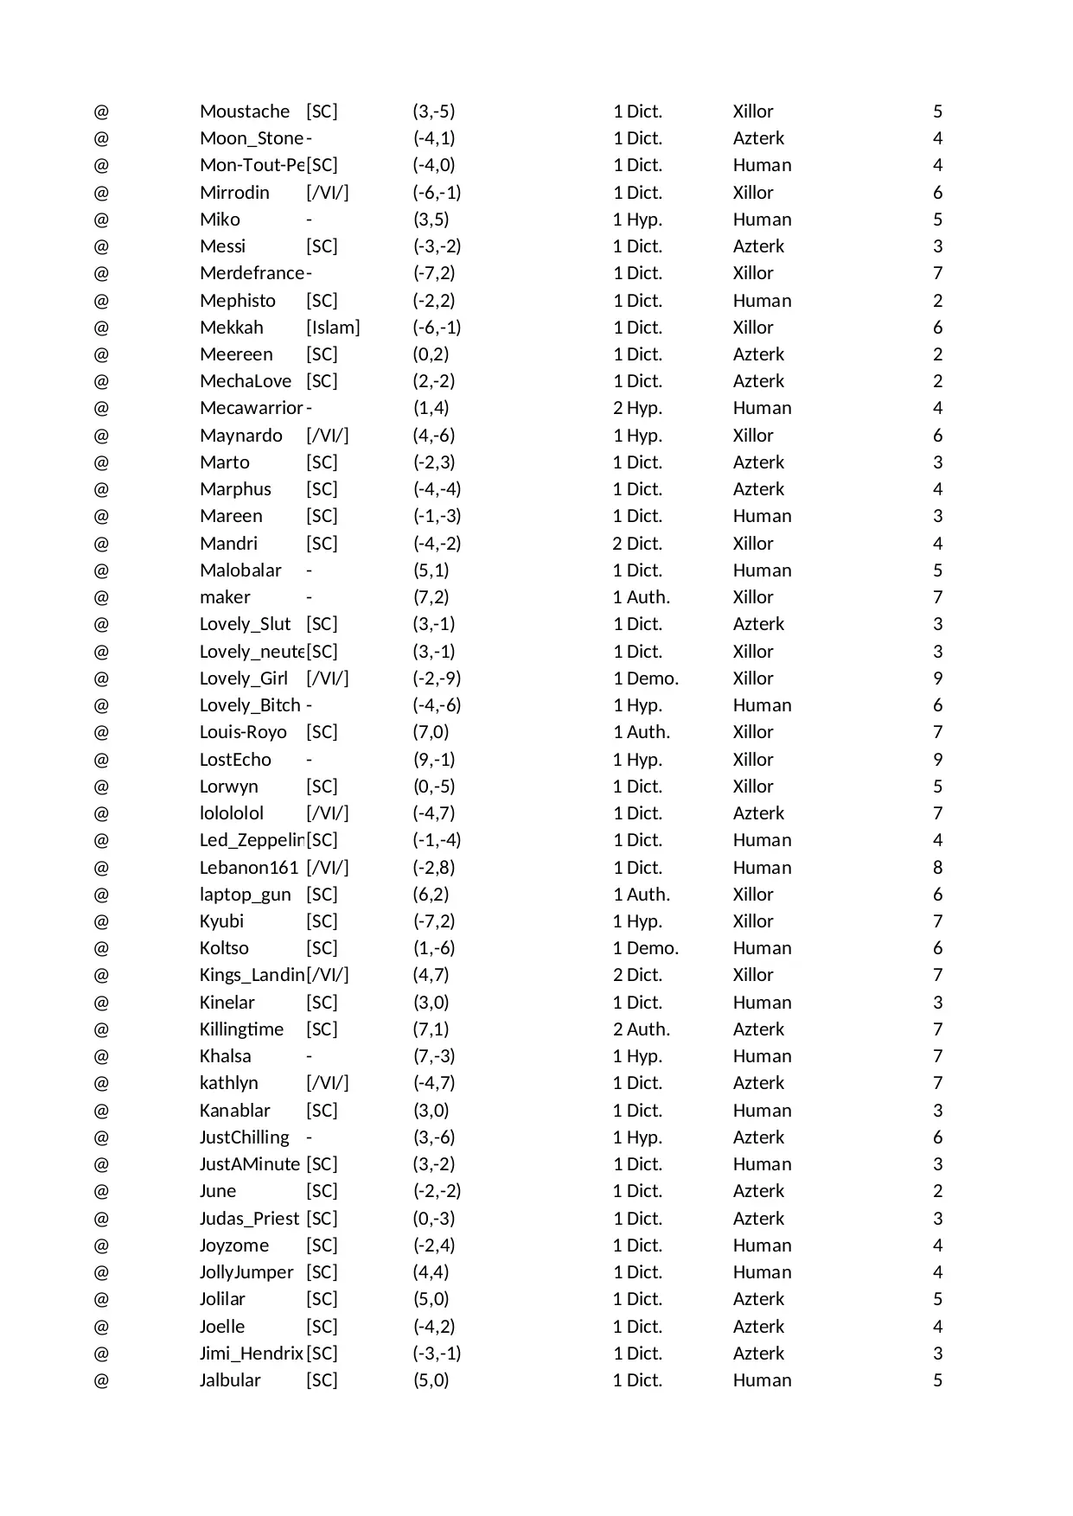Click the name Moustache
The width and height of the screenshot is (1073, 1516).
[x=245, y=111]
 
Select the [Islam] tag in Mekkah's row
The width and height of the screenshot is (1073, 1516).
[x=333, y=328]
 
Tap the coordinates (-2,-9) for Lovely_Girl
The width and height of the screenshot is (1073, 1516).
[x=437, y=678]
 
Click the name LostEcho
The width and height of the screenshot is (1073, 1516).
[x=235, y=760]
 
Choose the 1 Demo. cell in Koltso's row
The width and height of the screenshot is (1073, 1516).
[x=646, y=948]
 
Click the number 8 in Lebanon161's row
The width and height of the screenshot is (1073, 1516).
[x=937, y=868]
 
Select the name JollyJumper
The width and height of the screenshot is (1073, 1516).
[x=246, y=1272]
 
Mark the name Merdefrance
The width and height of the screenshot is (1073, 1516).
[x=252, y=273]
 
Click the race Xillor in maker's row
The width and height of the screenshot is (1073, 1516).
[x=753, y=597]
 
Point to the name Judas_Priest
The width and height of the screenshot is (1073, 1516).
[x=249, y=1219]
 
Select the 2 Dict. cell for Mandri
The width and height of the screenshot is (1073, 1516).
[x=637, y=544]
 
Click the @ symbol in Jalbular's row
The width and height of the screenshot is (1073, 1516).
[x=101, y=1380]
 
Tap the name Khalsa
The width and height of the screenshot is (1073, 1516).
[x=225, y=1056]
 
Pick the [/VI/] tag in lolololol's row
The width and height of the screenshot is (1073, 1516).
[x=328, y=813]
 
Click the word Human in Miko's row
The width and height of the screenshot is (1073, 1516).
[x=762, y=220]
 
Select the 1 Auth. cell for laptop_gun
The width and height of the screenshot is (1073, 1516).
[x=642, y=895]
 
